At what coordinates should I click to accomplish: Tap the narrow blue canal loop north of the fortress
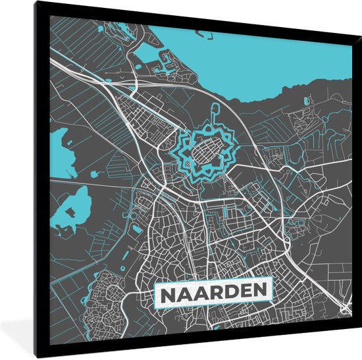pyautogui.click(x=215, y=112)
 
